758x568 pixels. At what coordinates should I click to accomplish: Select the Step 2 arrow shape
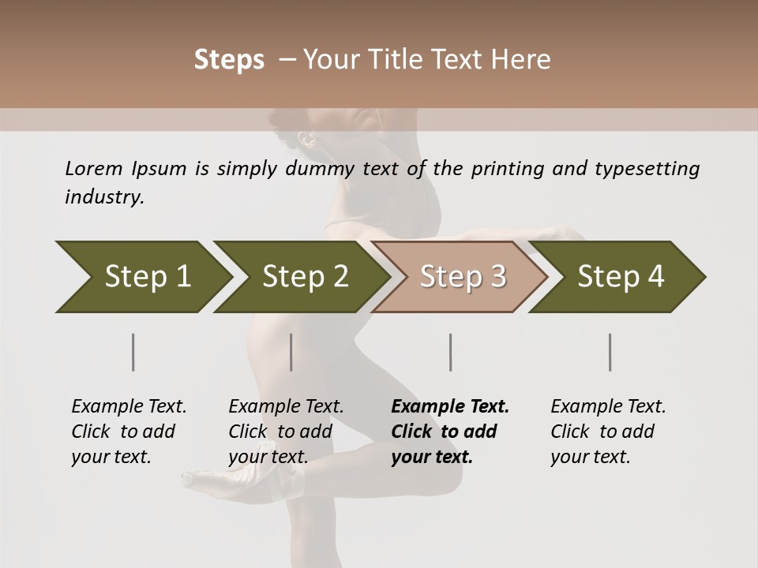[x=303, y=277]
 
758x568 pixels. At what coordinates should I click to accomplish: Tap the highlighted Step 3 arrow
[x=461, y=277]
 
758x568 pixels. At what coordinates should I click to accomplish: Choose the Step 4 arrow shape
[x=619, y=277]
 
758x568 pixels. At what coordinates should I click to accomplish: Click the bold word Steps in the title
[x=229, y=60]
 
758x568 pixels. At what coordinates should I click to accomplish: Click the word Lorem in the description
[x=93, y=168]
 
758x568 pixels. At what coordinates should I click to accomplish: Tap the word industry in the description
[x=103, y=196]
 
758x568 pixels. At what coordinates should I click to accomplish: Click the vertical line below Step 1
[x=133, y=352]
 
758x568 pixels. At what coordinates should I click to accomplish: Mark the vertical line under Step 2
[x=291, y=352]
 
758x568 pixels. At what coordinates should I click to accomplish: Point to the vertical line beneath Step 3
[x=451, y=352]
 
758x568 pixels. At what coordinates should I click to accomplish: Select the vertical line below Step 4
[x=610, y=352]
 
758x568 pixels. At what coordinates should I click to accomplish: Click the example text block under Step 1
[x=129, y=432]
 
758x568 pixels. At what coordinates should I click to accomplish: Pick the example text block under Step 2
[x=286, y=432]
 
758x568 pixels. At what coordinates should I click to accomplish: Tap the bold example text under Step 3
[x=450, y=432]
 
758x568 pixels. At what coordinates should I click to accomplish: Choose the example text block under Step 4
[x=608, y=432]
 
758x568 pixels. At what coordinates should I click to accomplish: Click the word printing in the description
[x=507, y=168]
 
